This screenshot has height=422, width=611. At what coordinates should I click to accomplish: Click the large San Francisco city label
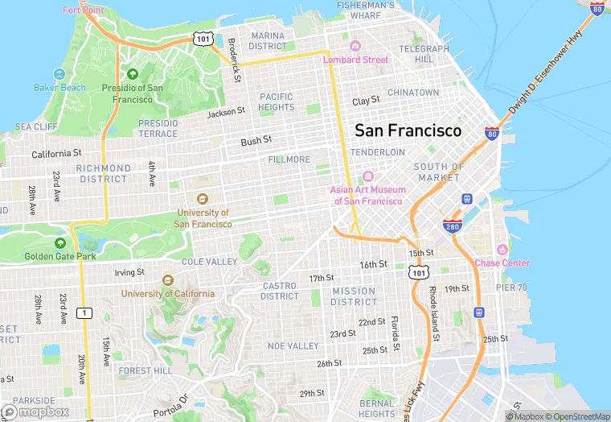tap(408, 130)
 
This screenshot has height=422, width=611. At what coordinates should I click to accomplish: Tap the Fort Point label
tap(83, 10)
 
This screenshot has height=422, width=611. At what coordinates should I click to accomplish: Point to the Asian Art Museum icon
tap(368, 176)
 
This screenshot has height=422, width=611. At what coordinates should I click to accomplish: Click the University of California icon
tap(167, 280)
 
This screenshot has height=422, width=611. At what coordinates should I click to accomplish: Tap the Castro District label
tap(279, 291)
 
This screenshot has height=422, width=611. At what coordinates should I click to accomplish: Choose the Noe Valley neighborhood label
tap(293, 345)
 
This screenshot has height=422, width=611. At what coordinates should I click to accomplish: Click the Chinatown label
tap(413, 93)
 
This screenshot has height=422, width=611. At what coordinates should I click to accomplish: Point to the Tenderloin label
tap(378, 152)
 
